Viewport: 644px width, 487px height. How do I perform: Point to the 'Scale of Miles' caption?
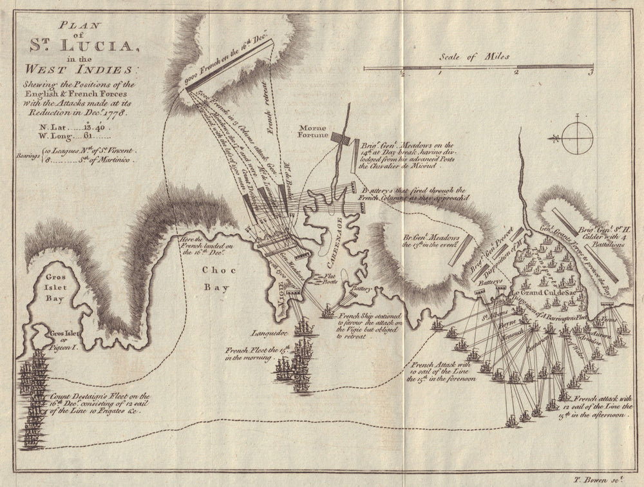474,57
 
